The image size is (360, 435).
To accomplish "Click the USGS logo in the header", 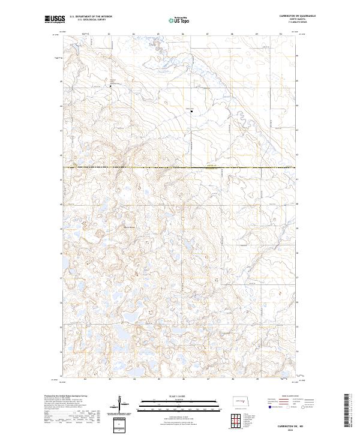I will click(x=54, y=19).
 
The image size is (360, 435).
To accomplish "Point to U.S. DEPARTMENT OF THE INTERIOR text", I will click(x=91, y=17).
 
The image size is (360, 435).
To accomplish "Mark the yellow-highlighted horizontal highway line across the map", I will click(x=180, y=167).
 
